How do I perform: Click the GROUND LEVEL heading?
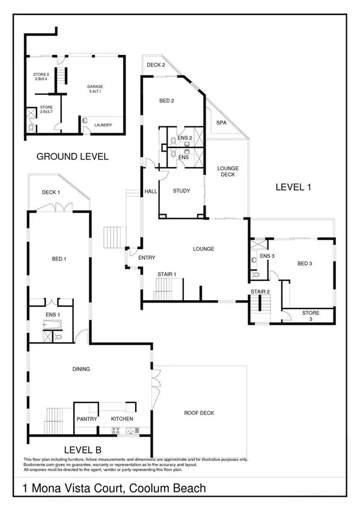click(72, 156)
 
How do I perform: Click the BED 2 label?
click(166, 100)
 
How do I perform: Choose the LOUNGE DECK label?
click(228, 172)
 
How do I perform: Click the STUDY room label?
click(181, 191)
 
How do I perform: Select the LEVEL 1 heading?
click(293, 187)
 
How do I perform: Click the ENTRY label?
click(147, 258)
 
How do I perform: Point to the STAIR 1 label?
click(166, 274)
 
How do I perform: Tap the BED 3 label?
click(305, 263)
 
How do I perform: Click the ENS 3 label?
click(267, 257)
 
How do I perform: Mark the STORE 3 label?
click(311, 316)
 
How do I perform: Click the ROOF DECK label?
click(199, 413)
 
